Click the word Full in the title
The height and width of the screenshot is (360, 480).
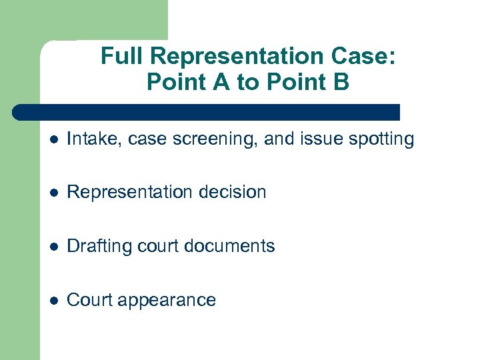point(117,57)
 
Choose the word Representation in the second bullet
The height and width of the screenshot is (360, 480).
point(125,193)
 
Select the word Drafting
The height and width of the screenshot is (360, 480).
point(100,247)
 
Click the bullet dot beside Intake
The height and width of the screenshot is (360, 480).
point(54,139)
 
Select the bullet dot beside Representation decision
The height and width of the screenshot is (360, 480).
point(54,193)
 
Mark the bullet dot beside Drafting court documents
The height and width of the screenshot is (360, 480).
point(54,247)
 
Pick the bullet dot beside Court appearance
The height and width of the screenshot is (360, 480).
point(54,301)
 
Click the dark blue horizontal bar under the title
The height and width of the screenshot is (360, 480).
point(207,112)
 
